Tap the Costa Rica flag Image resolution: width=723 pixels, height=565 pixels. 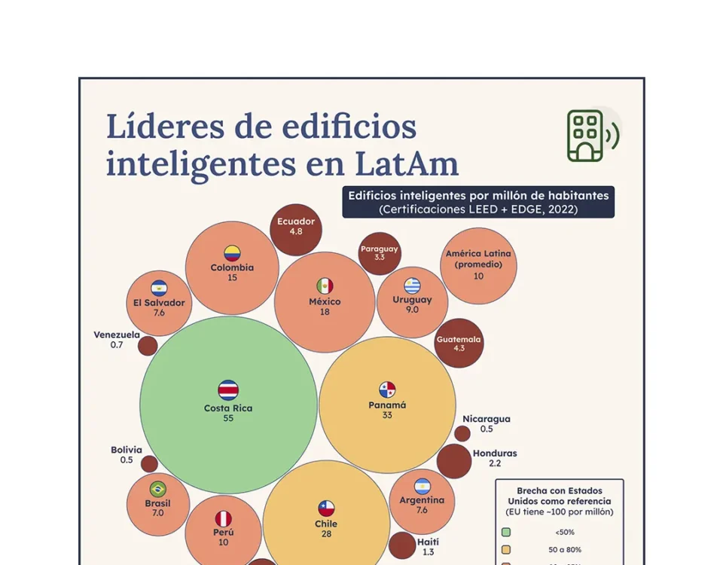point(228,389)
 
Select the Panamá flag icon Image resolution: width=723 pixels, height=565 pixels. point(387,389)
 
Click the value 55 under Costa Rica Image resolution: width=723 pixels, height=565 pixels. point(228,418)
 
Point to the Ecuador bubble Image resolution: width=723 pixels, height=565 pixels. point(296,229)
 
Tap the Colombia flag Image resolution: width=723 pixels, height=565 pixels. point(232,253)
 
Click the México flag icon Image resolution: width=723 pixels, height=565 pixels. point(325,286)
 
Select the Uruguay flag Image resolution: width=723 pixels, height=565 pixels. point(412,286)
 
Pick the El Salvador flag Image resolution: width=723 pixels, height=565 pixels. point(159,289)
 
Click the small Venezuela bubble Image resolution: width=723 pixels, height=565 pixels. point(148,346)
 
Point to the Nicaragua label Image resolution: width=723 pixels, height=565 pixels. point(487,419)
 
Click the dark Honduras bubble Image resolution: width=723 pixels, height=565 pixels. point(454,461)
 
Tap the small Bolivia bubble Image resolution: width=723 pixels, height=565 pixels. point(149,463)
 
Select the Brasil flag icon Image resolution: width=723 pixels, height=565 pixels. point(158,489)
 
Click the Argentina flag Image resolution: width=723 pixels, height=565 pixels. point(422,486)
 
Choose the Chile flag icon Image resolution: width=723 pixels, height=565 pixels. point(326,508)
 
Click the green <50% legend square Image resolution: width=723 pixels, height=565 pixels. point(508,531)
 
